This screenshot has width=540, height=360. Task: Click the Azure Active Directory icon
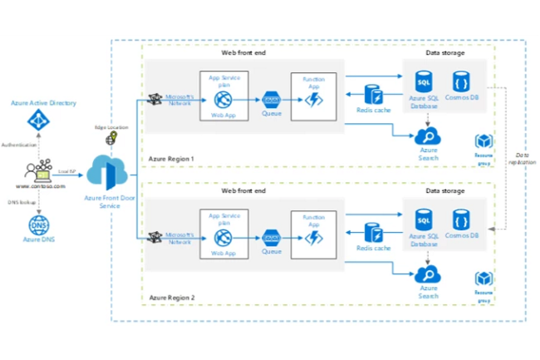(37, 121)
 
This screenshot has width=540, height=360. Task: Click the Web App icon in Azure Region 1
(223, 100)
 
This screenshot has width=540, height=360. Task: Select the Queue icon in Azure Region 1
(270, 99)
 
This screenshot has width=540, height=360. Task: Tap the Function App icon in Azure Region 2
(314, 237)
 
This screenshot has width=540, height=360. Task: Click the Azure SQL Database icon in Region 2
(424, 221)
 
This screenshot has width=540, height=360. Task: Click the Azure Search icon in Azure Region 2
(429, 274)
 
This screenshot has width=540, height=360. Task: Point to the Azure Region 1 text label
(171, 157)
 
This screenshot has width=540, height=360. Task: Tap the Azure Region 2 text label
(171, 297)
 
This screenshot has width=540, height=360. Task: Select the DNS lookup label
(21, 200)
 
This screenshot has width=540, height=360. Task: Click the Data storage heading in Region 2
(446, 190)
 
